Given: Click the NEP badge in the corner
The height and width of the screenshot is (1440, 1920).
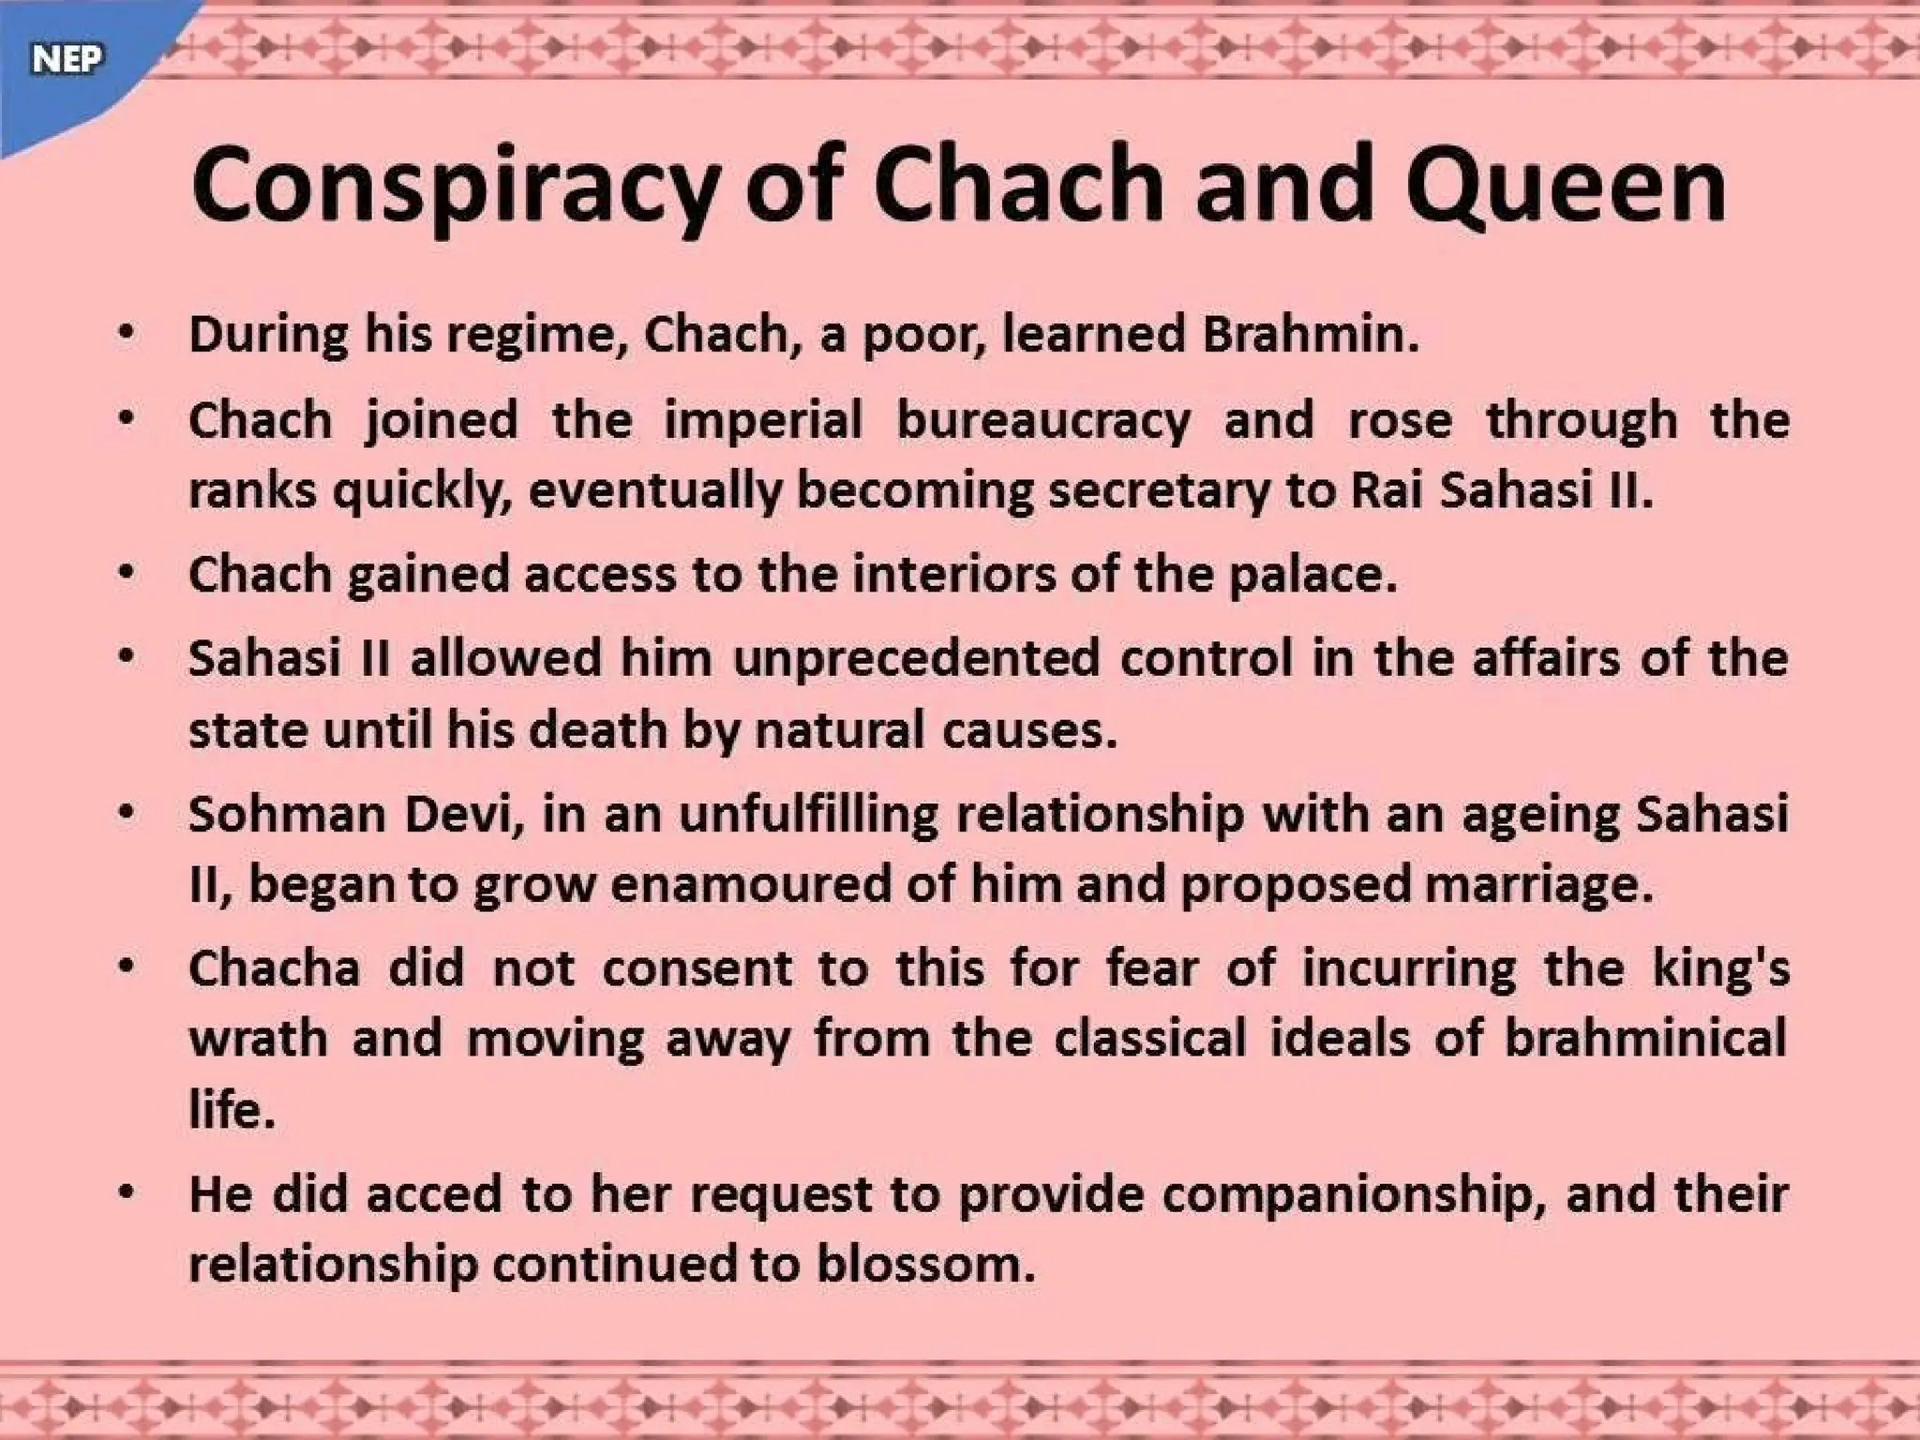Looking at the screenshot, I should point(66,60).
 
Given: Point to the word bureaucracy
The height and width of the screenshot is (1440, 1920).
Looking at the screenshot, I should point(1043,420).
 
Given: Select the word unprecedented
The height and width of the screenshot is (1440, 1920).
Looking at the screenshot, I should point(916,658).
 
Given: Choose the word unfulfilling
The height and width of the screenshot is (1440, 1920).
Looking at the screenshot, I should point(808,814).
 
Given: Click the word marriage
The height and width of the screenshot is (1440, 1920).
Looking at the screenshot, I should point(1537,885).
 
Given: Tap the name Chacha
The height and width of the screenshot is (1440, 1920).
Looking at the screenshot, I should point(274,967).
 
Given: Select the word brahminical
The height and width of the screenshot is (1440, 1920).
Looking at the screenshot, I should point(1645,1039).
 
